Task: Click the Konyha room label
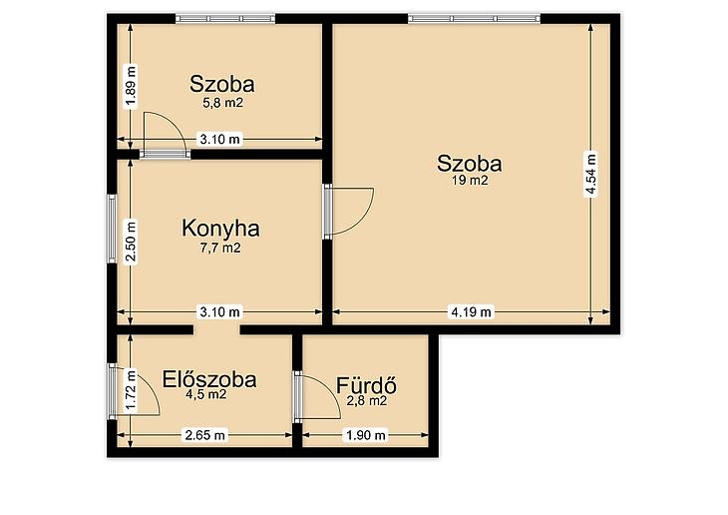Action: [220, 229]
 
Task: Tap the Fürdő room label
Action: [366, 385]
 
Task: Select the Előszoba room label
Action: [209, 379]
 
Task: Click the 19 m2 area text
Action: [470, 181]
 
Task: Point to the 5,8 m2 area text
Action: [222, 103]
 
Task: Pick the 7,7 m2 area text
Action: [220, 249]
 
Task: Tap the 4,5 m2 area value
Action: [205, 395]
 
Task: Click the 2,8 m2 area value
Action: [367, 400]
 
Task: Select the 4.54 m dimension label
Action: [590, 175]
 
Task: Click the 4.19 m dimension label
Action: [472, 311]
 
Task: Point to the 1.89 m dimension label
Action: [132, 87]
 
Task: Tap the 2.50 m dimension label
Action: [132, 242]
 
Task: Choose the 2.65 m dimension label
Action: [205, 435]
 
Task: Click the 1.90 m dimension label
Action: [366, 435]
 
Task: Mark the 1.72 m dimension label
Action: [132, 390]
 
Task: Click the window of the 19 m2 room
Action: [474, 19]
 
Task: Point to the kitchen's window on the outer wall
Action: [112, 229]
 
